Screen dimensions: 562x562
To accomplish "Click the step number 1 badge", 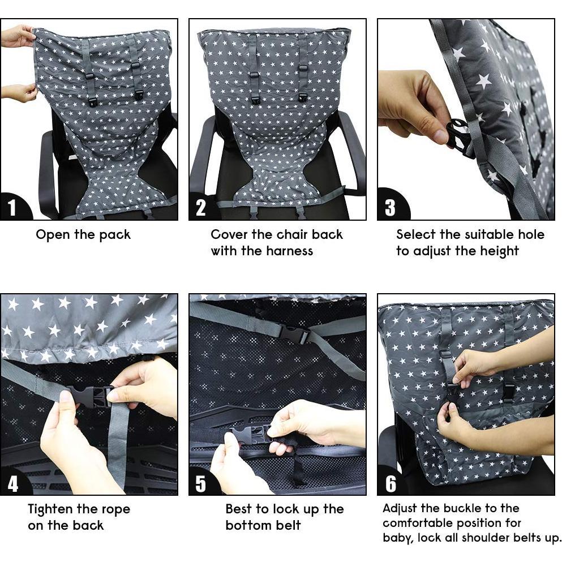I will click(x=12, y=208).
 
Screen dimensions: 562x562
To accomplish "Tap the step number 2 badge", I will click(x=201, y=208).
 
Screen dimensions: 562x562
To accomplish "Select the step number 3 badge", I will click(x=390, y=208).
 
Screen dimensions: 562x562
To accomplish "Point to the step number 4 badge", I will click(x=12, y=483).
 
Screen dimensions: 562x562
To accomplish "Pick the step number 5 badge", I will click(x=201, y=483).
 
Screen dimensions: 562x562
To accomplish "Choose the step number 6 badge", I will click(x=391, y=483).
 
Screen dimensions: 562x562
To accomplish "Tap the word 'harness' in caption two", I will click(x=288, y=251).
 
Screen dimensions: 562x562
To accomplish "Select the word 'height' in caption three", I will click(x=499, y=251).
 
